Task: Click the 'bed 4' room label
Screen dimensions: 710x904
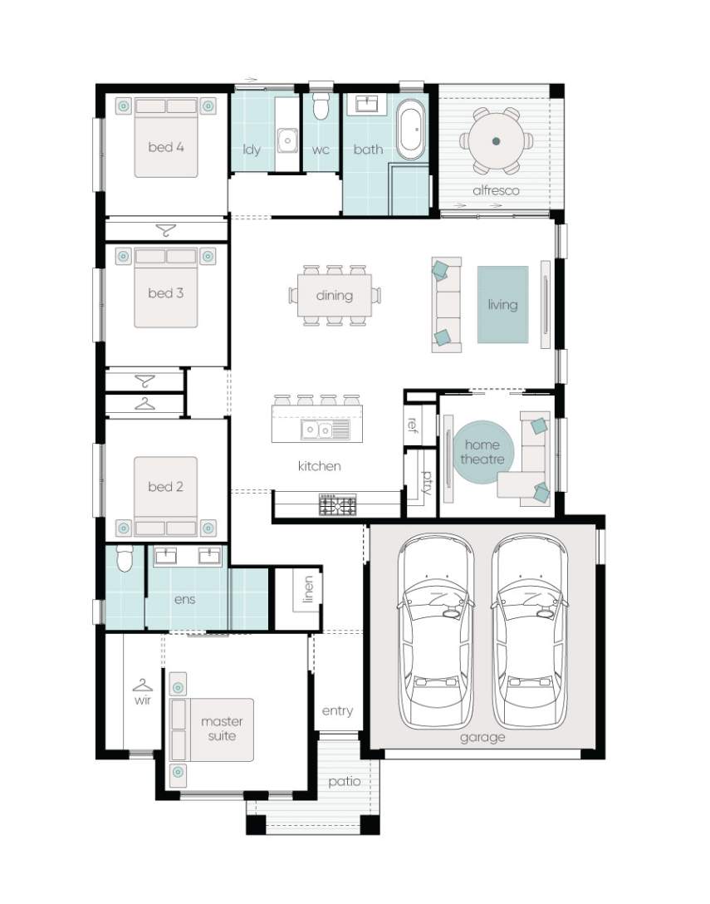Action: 166,147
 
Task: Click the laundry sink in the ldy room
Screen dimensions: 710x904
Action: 286,140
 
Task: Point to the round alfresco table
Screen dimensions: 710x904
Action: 497,140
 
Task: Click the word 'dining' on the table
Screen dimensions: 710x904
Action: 335,296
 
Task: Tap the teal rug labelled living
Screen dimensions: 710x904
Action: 502,304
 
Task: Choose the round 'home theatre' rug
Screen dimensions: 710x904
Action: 482,452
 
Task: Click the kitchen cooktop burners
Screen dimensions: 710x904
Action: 338,505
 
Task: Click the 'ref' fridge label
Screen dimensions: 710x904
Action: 412,425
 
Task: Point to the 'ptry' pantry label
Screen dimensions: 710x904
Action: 427,483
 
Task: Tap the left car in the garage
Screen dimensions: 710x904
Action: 436,631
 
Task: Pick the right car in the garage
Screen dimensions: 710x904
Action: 530,631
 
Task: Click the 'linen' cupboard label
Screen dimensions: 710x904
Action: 309,589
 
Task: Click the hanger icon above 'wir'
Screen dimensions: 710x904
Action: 142,685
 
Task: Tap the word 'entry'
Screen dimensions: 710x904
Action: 337,711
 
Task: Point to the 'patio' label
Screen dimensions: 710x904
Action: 345,782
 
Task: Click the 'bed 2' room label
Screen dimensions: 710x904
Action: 166,487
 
